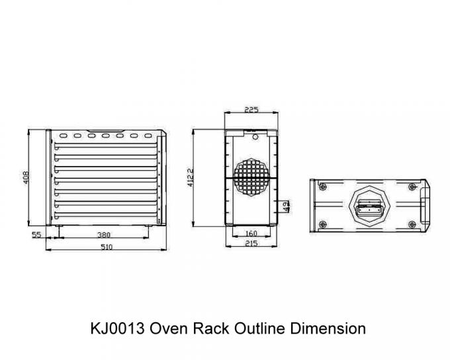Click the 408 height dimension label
pos(26,177)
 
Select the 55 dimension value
pos(36,235)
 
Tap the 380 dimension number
pos(104,235)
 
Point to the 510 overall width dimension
pos(107,247)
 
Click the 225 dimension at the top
pos(251,109)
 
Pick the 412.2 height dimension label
pos(191,178)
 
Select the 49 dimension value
pos(286,206)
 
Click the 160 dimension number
pos(251,234)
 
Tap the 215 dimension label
pos(251,244)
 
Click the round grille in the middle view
pos(251,177)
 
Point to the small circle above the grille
pos(255,137)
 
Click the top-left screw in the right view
pos(323,187)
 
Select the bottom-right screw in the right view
pos(412,224)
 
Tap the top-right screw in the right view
pos(412,187)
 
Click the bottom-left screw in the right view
pos(323,224)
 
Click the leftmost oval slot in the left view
pos(63,136)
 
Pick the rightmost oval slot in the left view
pos(148,136)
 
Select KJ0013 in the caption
pos(117,328)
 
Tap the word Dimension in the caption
pos(328,328)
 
